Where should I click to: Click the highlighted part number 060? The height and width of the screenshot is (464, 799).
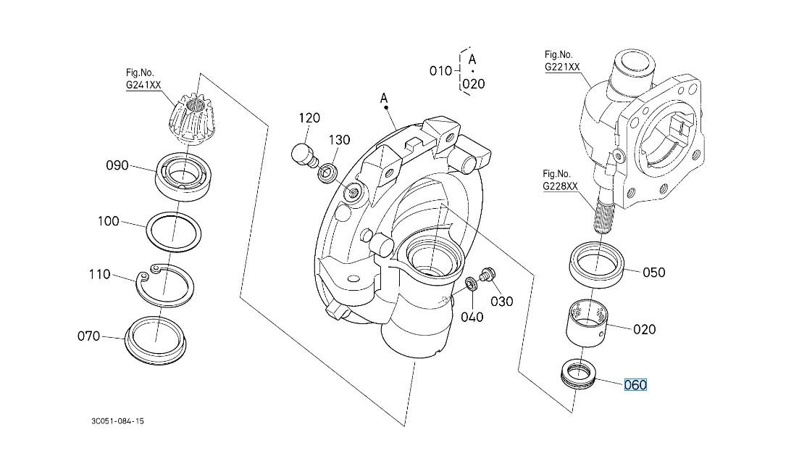click(635, 385)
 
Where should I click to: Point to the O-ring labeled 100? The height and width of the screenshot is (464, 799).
click(175, 232)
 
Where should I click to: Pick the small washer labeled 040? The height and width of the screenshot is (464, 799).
click(469, 282)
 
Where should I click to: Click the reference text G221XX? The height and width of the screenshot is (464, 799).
click(562, 67)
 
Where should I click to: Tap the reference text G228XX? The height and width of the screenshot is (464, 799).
click(561, 186)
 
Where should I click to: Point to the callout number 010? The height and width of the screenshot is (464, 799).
click(440, 70)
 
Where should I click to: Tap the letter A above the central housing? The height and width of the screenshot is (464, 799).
click(385, 96)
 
